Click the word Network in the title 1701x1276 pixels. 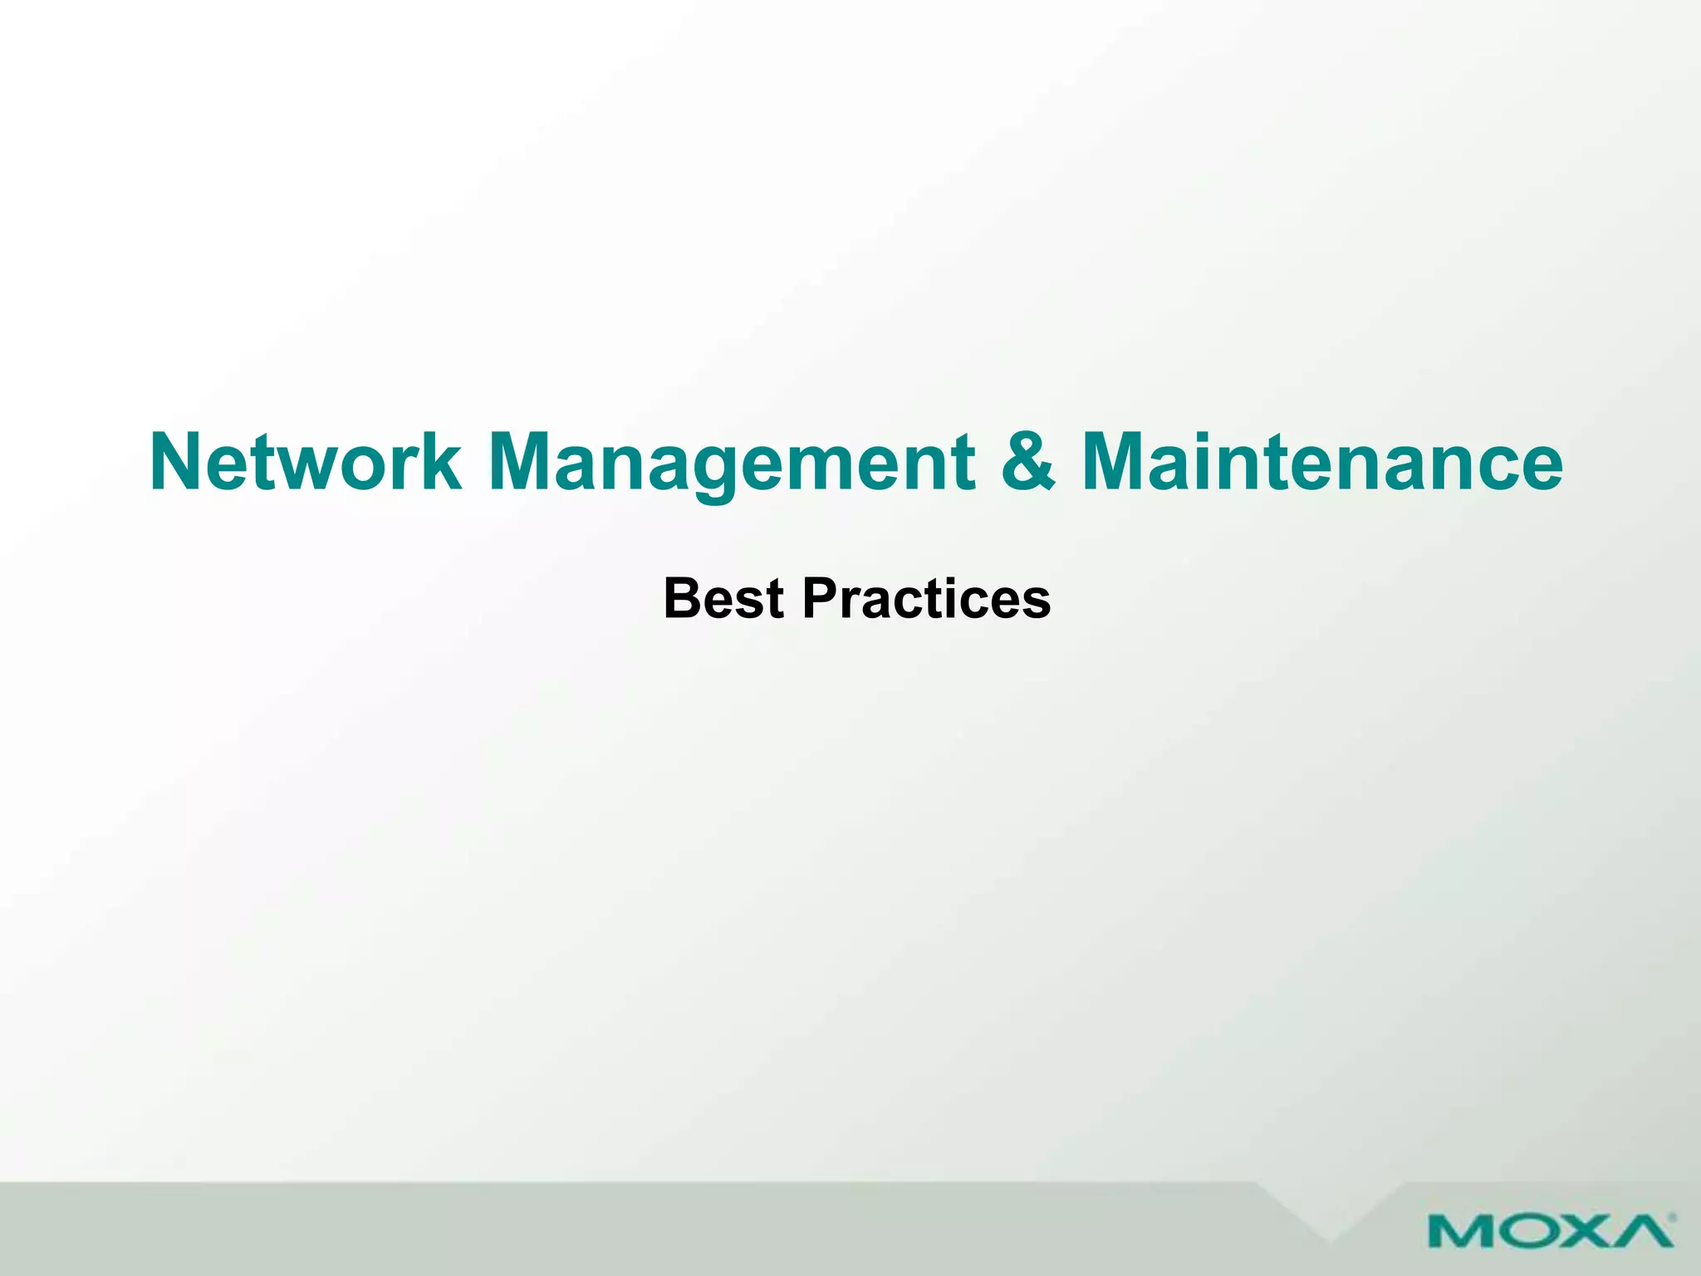(305, 463)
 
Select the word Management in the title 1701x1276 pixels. (732, 463)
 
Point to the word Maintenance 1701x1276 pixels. (1323, 463)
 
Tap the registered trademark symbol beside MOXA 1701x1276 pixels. (1671, 1218)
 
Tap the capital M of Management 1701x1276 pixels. (523, 463)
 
